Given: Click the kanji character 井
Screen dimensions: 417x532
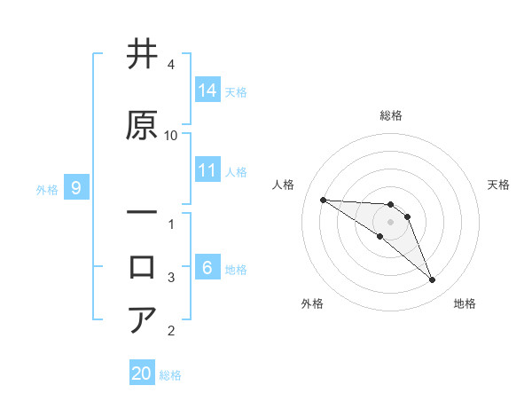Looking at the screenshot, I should (142, 55).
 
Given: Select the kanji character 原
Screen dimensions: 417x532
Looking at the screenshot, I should (142, 125).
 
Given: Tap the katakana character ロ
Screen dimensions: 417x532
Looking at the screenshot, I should (142, 267).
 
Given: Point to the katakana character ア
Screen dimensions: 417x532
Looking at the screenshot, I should (142, 320).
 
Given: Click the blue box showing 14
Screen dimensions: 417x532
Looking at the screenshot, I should (207, 90).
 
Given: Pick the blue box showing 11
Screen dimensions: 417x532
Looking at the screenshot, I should (207, 171).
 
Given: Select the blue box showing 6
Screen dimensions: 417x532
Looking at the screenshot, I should (207, 268).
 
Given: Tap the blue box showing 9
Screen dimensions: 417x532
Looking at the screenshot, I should (77, 188).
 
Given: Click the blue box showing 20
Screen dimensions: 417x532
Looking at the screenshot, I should (142, 374).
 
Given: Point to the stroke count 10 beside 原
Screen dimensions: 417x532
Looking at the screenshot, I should (171, 136).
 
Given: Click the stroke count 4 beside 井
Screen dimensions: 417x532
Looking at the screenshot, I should (171, 65).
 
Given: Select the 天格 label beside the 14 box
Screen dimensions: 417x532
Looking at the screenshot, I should (236, 91).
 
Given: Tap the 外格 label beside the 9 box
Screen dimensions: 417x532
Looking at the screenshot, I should (47, 189).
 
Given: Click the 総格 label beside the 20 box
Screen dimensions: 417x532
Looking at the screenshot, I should (170, 374).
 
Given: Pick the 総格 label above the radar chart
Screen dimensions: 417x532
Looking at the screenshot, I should (391, 115).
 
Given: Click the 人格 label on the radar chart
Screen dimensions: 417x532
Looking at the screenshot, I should (284, 185).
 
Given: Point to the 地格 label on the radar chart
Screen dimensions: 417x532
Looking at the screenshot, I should (465, 303).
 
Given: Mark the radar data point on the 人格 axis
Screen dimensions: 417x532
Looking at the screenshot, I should (323, 200).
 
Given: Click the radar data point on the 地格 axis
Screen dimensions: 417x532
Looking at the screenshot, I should (432, 280).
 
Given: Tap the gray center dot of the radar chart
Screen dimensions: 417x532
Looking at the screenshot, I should (391, 221).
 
